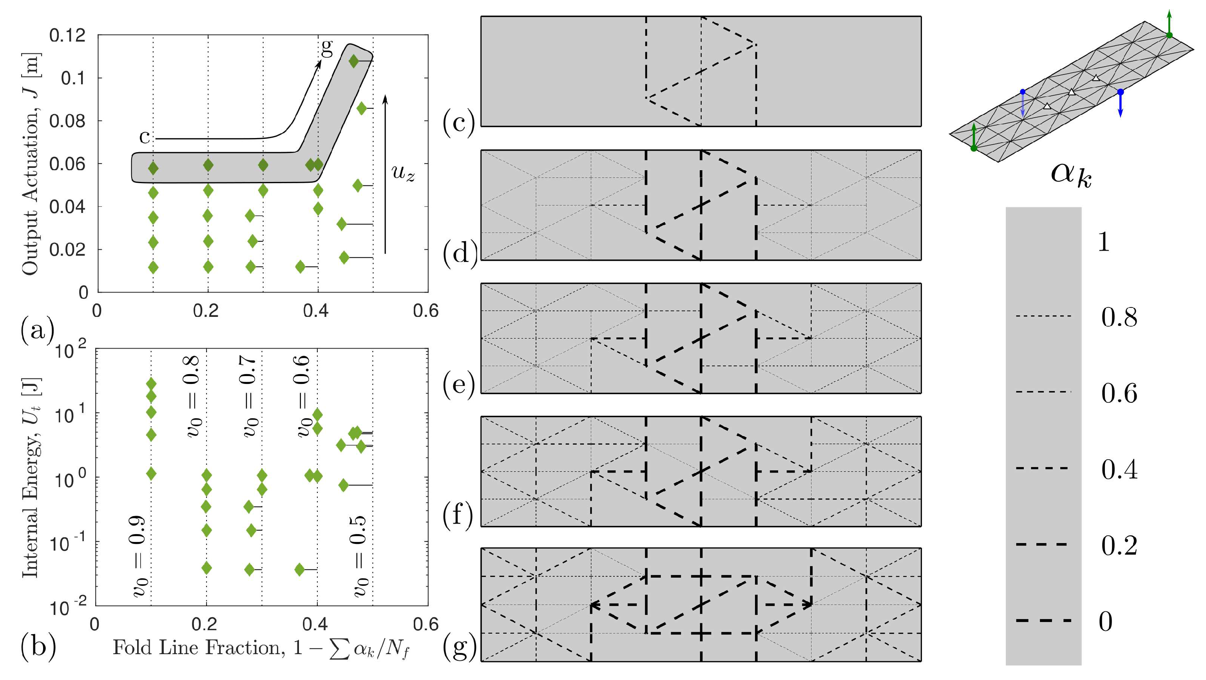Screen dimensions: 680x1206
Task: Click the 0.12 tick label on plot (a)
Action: point(67,36)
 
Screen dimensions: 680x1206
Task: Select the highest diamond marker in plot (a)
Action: point(353,61)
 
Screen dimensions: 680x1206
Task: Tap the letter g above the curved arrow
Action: point(327,47)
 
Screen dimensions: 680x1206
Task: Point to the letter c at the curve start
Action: point(145,136)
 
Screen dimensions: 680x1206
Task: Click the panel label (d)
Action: point(459,253)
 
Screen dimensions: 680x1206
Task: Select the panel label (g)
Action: point(459,648)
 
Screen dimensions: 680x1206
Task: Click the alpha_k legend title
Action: point(1071,175)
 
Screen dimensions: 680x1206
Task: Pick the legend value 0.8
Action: point(1119,317)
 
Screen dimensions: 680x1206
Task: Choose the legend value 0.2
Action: point(1119,545)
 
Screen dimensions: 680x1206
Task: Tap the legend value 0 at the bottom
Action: point(1105,622)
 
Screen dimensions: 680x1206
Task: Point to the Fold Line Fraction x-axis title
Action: point(261,648)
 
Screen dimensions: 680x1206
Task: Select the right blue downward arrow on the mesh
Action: point(1120,104)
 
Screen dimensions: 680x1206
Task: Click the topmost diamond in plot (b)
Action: point(151,384)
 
